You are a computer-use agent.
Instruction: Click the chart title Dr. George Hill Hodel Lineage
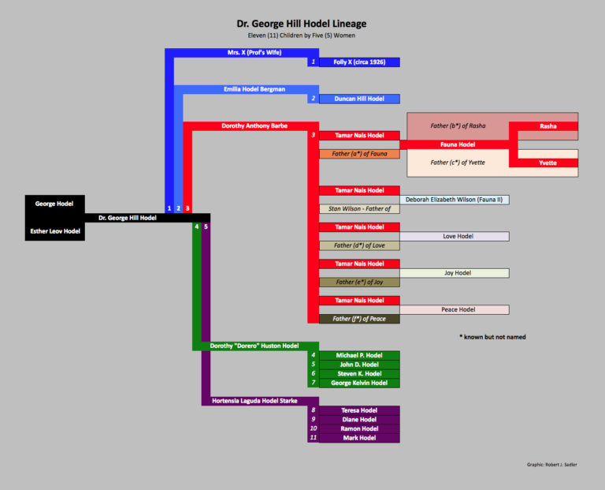(302, 24)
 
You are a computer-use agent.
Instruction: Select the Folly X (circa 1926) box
(359, 62)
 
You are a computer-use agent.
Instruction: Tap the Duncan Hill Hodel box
(359, 99)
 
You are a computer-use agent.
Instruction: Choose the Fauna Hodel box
(457, 144)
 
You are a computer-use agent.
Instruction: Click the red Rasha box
(547, 126)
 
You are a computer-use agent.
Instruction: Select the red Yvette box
(547, 163)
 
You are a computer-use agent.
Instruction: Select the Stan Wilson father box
(359, 209)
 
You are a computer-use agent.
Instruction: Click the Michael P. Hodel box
(359, 356)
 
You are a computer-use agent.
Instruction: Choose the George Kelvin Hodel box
(359, 383)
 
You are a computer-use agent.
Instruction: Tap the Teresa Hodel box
(359, 410)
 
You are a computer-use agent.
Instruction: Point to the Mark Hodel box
(359, 437)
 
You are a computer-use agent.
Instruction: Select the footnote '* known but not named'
(492, 337)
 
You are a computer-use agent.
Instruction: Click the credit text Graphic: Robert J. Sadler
(551, 465)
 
